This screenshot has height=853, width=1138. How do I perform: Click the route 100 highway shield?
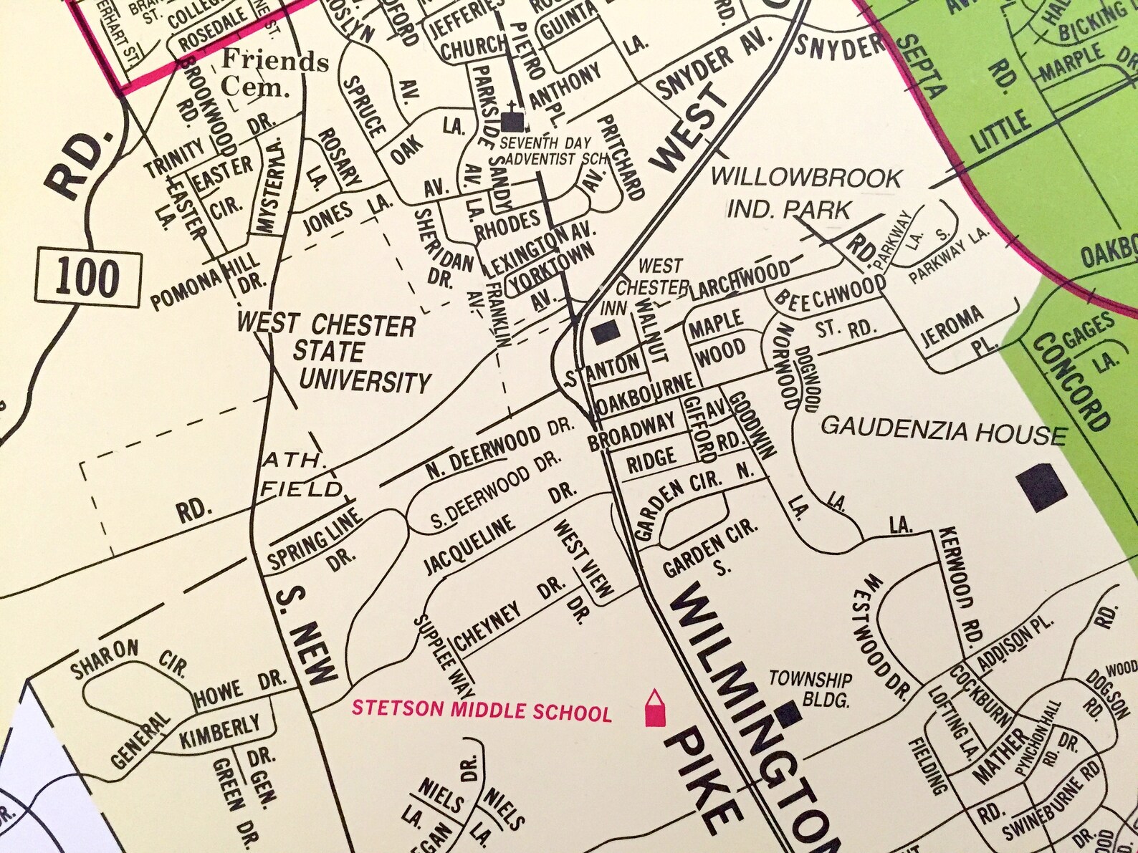coord(85,277)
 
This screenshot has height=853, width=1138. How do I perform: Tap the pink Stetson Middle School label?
coord(482,711)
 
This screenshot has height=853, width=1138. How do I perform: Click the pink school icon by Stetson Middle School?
coord(653,709)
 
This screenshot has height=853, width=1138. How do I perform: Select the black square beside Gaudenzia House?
coord(1041,487)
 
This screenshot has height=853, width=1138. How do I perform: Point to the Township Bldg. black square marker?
coord(788,711)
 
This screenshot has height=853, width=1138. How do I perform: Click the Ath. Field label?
coord(300,475)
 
